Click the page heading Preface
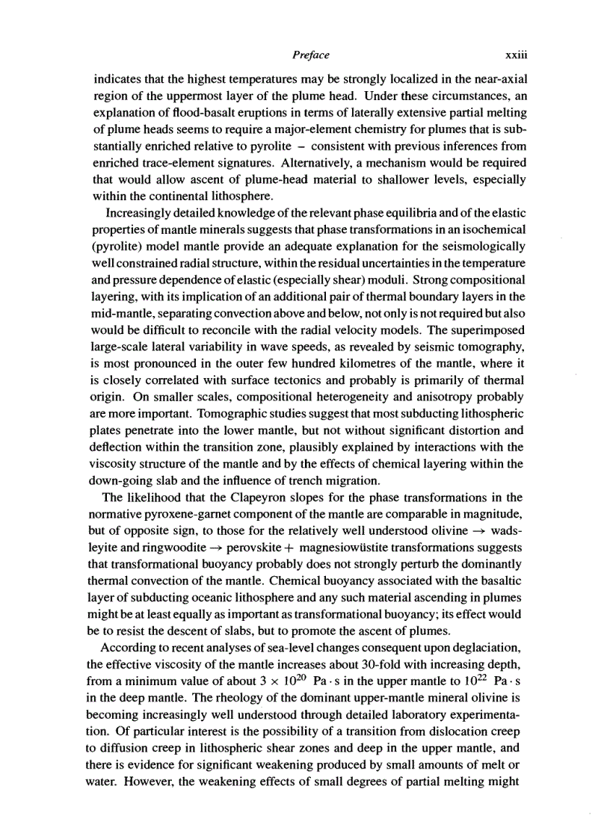pyautogui.click(x=309, y=55)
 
